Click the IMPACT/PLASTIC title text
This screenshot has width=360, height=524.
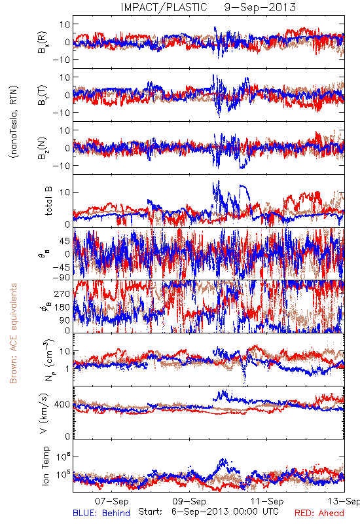[164, 7]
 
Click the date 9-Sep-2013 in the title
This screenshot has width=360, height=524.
[260, 7]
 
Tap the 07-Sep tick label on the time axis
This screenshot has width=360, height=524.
[111, 501]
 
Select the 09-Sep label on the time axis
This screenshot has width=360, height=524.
[189, 501]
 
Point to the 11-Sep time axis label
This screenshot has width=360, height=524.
[267, 501]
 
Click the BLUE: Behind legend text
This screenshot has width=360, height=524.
[101, 513]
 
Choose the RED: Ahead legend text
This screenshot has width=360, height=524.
[319, 513]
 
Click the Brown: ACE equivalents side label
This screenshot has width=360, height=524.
[13, 333]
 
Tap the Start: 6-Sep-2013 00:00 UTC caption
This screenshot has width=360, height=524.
[208, 512]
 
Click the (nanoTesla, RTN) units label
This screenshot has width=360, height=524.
[14, 122]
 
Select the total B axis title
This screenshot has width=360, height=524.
[48, 201]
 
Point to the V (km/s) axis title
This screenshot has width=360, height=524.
[44, 413]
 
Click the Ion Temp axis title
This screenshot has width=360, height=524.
[45, 466]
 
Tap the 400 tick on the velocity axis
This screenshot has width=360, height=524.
[62, 404]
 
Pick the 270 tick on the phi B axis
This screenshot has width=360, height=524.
[62, 293]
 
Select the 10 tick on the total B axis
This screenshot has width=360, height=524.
[65, 193]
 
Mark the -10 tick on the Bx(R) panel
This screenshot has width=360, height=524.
[61, 60]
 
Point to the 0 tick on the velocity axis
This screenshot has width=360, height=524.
[67, 436]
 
